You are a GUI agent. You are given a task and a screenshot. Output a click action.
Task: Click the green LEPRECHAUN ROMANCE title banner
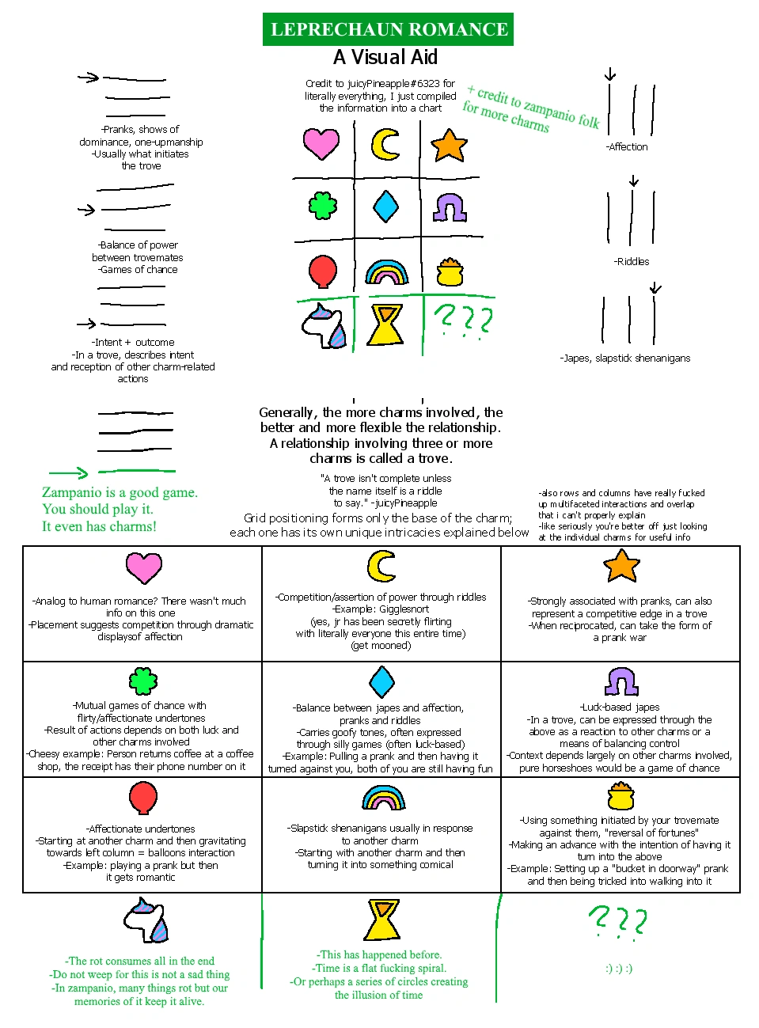(x=389, y=29)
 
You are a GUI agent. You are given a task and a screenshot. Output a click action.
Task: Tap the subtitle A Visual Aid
(x=385, y=57)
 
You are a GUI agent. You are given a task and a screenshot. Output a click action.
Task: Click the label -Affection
(x=627, y=147)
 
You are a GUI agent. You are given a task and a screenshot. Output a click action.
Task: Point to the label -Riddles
(x=632, y=261)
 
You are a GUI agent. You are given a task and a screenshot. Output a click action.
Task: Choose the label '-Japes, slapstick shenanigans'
(x=625, y=358)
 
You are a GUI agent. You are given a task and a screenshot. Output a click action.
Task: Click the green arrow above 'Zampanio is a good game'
(x=69, y=473)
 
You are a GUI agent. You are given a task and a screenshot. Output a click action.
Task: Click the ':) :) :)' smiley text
(x=618, y=968)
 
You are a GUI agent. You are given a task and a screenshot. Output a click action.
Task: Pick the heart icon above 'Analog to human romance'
(x=144, y=568)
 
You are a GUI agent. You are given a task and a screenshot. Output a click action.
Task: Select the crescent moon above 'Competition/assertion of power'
(x=381, y=566)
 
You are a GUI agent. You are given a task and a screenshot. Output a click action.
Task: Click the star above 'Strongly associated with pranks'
(x=621, y=565)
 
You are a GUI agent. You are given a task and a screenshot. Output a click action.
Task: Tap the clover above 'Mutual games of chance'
(x=143, y=681)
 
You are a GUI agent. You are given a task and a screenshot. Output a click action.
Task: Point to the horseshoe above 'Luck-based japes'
(x=622, y=681)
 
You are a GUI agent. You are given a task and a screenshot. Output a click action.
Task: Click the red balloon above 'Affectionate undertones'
(x=143, y=798)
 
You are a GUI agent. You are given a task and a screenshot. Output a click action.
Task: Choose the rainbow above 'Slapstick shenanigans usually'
(x=384, y=798)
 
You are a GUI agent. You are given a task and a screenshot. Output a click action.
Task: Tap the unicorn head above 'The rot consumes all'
(x=147, y=920)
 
